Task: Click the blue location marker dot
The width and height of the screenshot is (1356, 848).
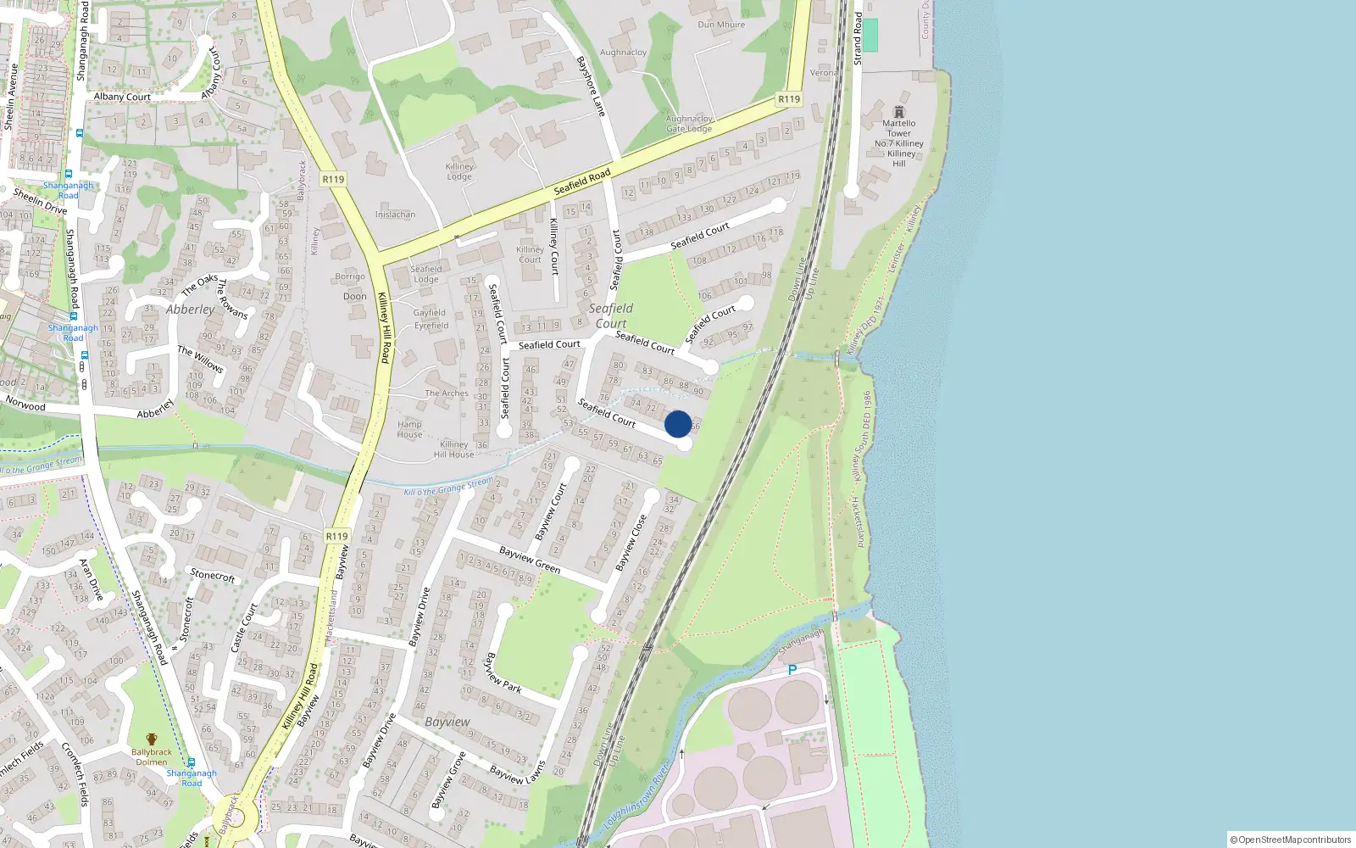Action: coord(678,424)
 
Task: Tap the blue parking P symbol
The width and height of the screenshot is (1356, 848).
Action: coord(792,670)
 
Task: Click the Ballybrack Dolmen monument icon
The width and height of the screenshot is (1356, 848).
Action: coord(152,739)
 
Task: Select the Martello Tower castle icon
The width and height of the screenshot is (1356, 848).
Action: coord(899,112)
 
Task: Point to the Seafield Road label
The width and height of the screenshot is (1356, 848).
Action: coord(582,181)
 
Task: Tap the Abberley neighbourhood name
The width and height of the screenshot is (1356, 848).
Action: coord(190,310)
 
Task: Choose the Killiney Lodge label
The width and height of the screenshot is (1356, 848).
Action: coord(459,171)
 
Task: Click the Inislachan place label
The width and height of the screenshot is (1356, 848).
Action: coord(395,215)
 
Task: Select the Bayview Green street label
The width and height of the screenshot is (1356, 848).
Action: coord(530,560)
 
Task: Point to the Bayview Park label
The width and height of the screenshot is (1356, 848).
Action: coord(503,672)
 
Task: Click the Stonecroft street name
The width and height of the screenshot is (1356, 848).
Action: coord(213,575)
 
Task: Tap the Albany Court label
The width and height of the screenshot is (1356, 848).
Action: coord(122,97)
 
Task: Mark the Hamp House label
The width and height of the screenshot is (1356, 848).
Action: coord(409,429)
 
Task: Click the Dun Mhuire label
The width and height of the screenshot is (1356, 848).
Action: coord(721,25)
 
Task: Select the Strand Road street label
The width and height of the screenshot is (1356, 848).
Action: coord(858,38)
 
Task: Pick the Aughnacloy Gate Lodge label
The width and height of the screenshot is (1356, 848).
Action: coord(689,124)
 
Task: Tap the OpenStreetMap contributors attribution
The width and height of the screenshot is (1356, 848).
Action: coord(1291,840)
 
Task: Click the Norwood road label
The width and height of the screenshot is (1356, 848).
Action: coord(25,404)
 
